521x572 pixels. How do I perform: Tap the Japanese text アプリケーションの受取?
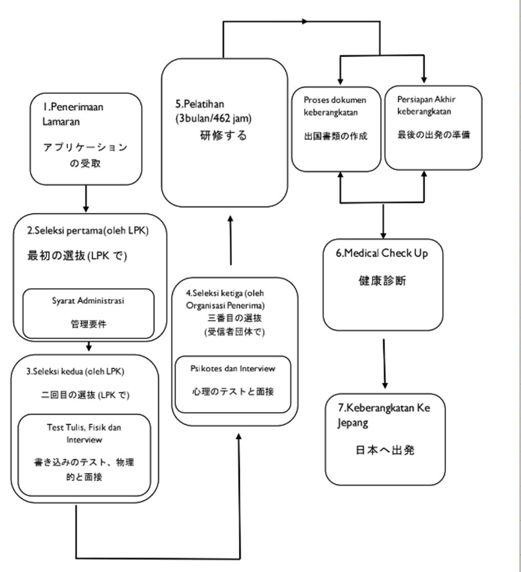85,155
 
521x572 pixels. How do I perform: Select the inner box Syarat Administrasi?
89,313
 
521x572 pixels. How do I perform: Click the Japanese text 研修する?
222,136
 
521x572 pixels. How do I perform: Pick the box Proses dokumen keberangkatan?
336,129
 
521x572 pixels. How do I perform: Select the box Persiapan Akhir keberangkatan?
433,129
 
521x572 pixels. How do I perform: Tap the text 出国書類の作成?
336,136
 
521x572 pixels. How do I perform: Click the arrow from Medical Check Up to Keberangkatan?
384,363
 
